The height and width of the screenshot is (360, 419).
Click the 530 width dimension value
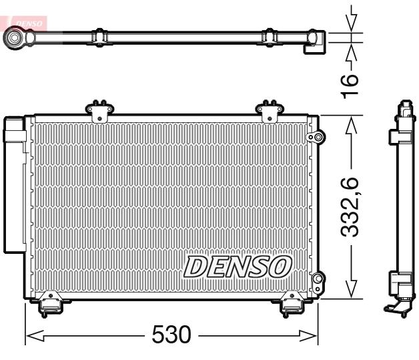171,334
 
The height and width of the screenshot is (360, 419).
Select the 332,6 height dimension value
352,207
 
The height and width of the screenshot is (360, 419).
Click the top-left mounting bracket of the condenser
98,110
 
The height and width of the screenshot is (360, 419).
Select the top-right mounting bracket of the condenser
270,110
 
